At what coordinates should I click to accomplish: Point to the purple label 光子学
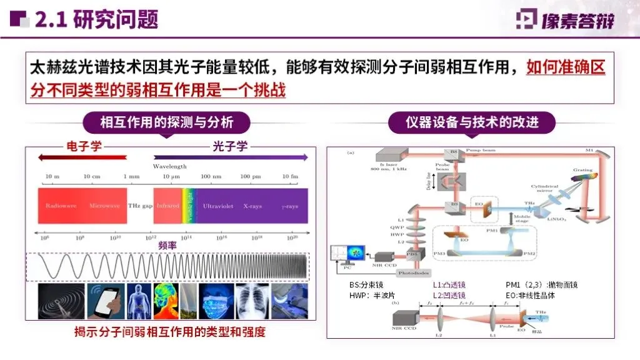click(230, 147)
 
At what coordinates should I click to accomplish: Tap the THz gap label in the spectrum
click(140, 206)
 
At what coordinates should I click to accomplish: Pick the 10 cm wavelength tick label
click(92, 177)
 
